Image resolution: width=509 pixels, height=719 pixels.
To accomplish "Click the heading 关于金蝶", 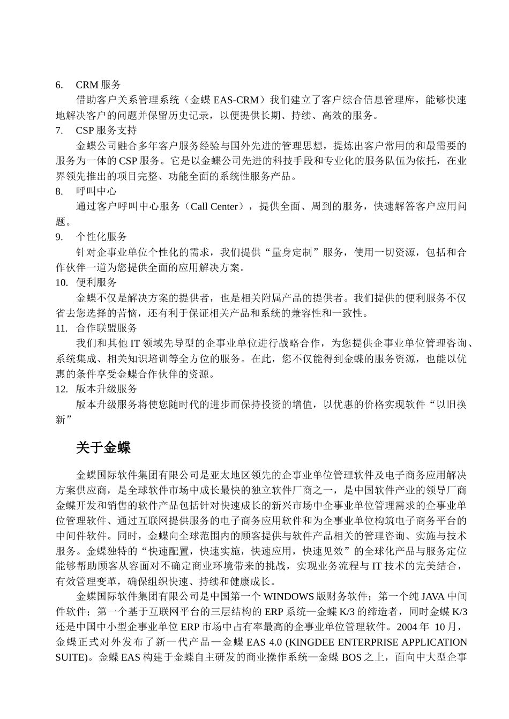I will point(103,447).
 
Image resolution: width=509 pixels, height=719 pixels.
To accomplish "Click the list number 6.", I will point(59,85).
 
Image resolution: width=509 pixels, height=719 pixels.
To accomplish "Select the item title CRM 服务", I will point(99,85).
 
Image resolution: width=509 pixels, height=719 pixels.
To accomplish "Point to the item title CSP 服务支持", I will point(106,130).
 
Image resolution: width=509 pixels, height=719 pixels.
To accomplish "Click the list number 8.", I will point(59,191).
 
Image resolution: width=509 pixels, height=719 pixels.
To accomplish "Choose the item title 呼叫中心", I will point(96,191).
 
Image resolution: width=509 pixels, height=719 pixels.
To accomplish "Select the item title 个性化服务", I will point(101,237).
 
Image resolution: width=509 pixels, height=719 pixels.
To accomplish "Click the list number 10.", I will point(61,282).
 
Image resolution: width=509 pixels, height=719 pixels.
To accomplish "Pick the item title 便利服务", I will point(96,282).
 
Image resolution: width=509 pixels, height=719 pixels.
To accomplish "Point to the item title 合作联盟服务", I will point(107,328).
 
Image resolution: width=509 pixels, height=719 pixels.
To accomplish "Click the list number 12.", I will point(61,389).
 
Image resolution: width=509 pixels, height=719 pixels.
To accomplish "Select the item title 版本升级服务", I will point(107,389).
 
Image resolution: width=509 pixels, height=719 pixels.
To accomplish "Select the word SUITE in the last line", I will point(70,657).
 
